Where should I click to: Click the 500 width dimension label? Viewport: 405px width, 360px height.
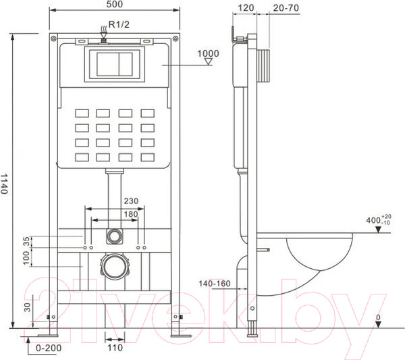[115, 4]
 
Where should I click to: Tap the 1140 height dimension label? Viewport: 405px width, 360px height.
[4, 184]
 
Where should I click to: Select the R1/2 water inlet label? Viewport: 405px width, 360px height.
[119, 24]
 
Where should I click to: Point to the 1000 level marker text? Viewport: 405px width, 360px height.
[208, 53]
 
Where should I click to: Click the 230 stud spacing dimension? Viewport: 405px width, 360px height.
[131, 201]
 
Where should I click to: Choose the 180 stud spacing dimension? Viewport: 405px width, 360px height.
[131, 214]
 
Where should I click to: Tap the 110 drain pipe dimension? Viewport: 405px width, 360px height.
[115, 348]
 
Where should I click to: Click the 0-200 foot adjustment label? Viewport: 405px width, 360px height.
[49, 348]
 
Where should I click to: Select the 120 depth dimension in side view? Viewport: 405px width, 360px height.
[246, 7]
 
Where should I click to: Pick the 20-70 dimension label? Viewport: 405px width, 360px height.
[286, 8]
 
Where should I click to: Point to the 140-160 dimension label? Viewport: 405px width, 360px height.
[215, 284]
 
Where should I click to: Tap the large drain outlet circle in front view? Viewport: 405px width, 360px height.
[114, 267]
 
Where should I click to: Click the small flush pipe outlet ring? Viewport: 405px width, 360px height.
[114, 236]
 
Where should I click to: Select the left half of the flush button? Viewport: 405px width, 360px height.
[108, 64]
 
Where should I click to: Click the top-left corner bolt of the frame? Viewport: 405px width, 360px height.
[53, 38]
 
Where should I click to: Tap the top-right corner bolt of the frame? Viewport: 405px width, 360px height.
[175, 38]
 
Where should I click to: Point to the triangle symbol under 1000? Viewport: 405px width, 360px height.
[208, 61]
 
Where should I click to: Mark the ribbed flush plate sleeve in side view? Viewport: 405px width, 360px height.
[263, 66]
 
